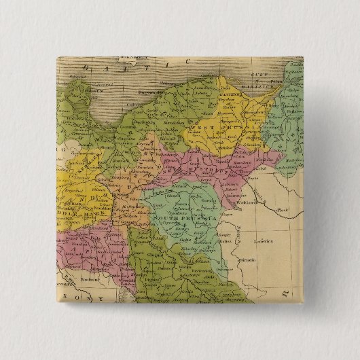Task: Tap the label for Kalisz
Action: [x=228, y=238]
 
